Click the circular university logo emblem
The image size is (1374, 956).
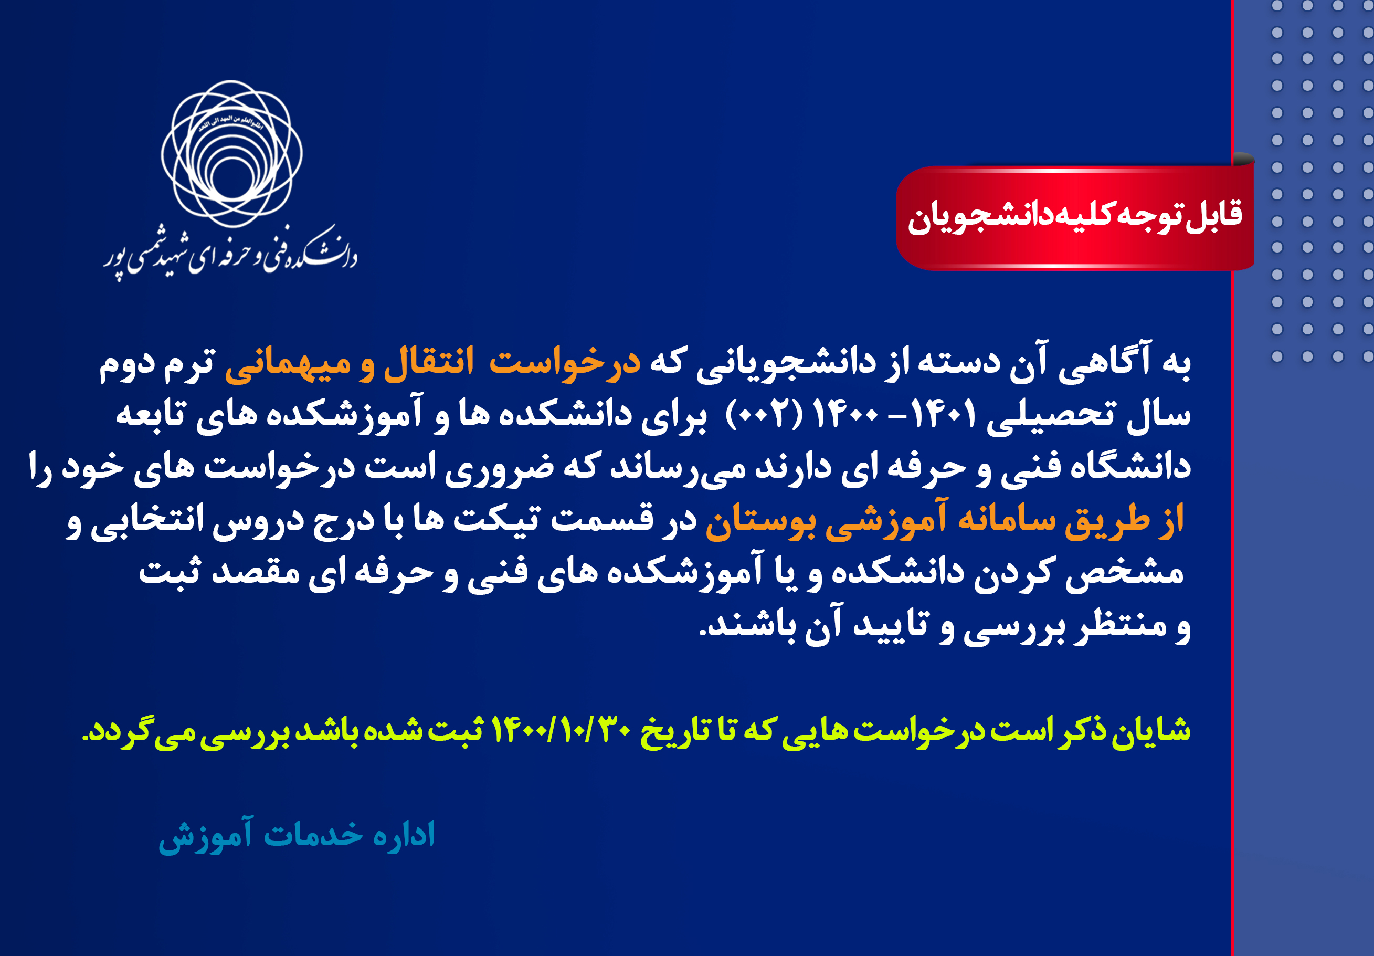pyautogui.click(x=231, y=154)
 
